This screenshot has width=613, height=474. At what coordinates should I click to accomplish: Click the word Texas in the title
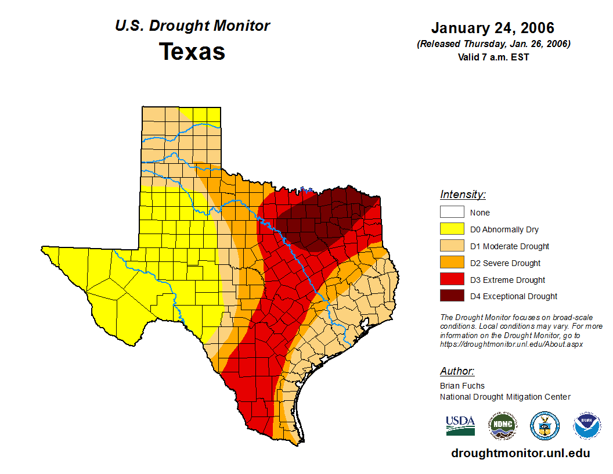coord(192,52)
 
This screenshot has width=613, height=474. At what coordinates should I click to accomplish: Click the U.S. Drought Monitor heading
coord(192,26)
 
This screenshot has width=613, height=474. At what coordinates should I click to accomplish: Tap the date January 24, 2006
coord(493,28)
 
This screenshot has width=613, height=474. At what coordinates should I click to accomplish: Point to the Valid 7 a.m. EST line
coord(493,57)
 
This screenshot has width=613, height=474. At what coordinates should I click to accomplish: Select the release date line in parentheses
coord(493,44)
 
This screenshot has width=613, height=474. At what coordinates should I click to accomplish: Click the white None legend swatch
coord(452,213)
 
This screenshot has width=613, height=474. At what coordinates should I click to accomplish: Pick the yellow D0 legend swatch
coord(452,229)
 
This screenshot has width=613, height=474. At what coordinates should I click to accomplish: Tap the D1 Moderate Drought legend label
coord(509,246)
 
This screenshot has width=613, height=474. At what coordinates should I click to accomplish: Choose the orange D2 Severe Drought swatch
coord(452,263)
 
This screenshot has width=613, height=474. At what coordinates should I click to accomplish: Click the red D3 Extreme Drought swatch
coord(452,279)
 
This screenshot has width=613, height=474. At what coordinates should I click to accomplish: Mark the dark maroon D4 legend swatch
coord(452,296)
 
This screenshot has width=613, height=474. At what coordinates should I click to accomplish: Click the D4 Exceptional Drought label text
coord(513,296)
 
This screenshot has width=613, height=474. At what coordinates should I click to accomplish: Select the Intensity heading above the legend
coord(463,195)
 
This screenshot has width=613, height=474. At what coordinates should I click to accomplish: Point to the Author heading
coord(457,371)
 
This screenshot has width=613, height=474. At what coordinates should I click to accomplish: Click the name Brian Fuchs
coord(462,386)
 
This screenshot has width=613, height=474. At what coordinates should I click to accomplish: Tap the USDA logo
coord(460,425)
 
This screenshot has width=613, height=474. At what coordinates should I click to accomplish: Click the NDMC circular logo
coord(502,426)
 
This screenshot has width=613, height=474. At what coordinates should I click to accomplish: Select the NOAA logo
coord(587,426)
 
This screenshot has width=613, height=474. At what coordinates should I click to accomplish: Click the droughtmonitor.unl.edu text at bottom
coord(520,454)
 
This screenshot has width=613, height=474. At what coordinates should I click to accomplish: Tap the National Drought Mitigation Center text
coord(505,397)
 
